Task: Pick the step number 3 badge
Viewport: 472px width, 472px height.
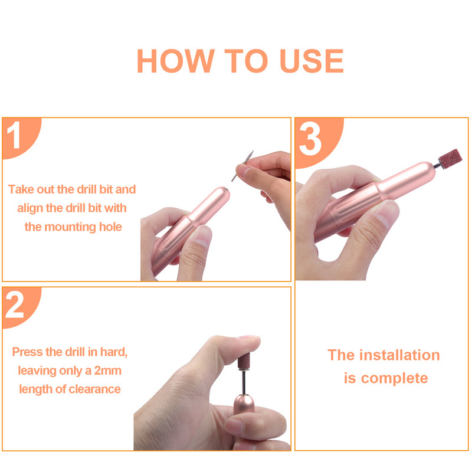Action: (310, 139)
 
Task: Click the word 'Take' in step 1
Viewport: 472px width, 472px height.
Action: (21, 189)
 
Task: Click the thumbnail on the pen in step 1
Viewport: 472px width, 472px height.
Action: (201, 237)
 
